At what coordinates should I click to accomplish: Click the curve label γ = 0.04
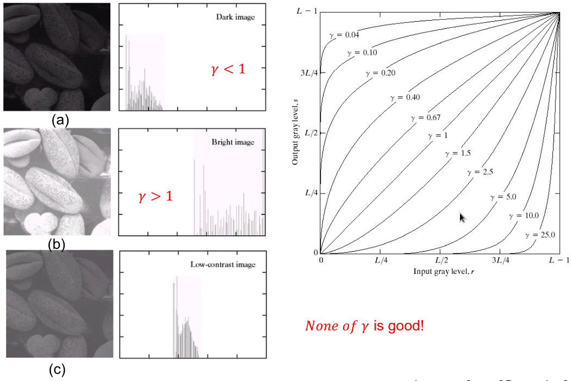click(x=345, y=35)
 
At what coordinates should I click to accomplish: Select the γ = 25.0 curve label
click(x=540, y=235)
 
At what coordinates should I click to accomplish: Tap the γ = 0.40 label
click(x=405, y=97)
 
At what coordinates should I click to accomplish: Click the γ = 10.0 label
click(x=523, y=216)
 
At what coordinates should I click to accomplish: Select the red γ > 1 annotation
click(x=156, y=196)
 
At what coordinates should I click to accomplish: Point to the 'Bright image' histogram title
click(x=233, y=142)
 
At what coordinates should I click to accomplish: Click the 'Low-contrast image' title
click(x=223, y=265)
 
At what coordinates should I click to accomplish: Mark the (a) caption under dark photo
click(x=59, y=120)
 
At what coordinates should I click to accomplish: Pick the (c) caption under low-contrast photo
click(x=57, y=370)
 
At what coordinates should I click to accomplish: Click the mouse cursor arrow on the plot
click(x=462, y=217)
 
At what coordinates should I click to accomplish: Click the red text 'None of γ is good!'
click(x=364, y=326)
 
